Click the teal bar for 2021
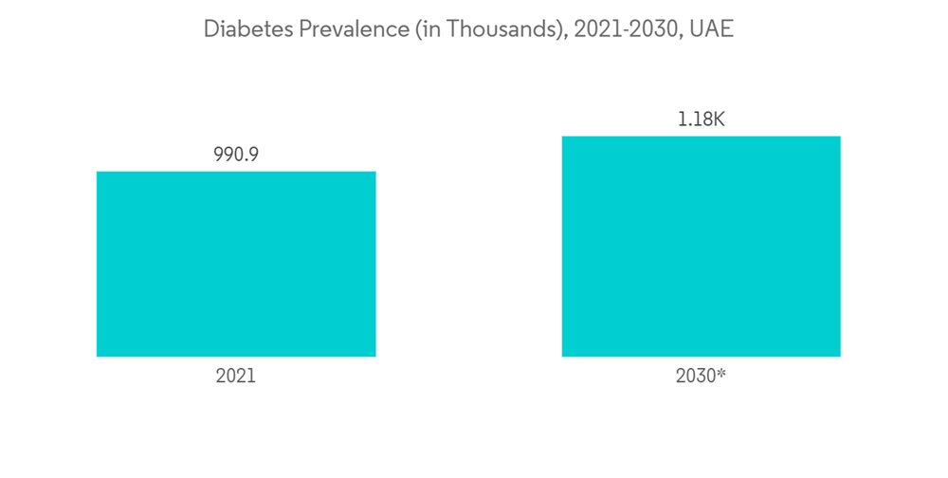(236, 264)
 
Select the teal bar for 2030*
(701, 247)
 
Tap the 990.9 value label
(236, 155)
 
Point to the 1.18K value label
(702, 119)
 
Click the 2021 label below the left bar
(236, 376)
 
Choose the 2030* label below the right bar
(701, 376)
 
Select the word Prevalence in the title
(339, 29)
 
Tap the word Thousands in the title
(501, 29)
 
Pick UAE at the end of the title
(711, 29)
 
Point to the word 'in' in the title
(428, 29)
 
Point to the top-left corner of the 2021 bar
(98, 173)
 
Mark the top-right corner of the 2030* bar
(840, 138)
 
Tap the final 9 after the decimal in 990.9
(253, 155)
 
